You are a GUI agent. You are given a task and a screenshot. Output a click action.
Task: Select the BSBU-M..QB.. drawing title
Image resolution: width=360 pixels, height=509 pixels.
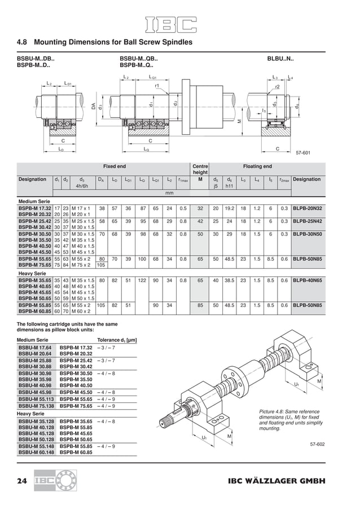[139, 58]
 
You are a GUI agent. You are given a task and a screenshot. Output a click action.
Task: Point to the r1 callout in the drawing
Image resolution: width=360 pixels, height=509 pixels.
[157, 85]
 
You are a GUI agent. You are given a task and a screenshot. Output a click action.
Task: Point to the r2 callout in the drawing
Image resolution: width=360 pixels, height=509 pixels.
[277, 87]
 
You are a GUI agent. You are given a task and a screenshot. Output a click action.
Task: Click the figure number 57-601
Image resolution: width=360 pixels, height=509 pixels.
[302, 152]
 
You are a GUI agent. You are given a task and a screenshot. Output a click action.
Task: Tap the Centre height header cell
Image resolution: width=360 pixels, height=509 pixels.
[200, 170]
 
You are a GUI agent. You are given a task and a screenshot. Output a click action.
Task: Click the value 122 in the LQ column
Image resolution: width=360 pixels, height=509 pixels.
[143, 280]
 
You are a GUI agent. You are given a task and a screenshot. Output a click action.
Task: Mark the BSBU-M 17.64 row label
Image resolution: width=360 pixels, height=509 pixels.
[34, 348]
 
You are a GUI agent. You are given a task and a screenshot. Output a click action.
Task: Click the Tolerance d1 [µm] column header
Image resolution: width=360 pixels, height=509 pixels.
[117, 340]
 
